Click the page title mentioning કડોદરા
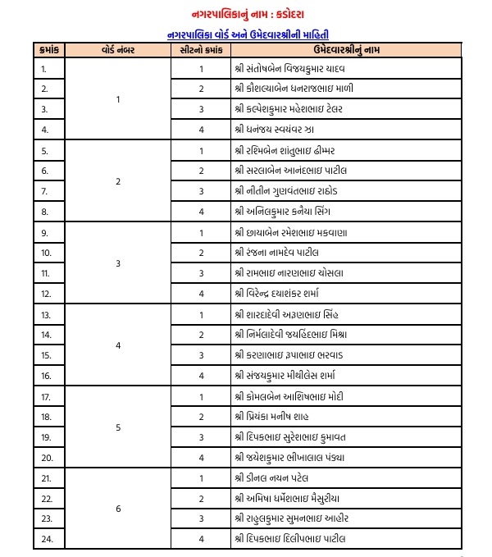click(x=247, y=14)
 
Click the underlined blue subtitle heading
click(x=247, y=34)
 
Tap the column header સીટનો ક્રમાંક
click(x=200, y=51)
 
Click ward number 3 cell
click(x=118, y=263)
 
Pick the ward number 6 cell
click(x=118, y=509)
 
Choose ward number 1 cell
click(x=118, y=99)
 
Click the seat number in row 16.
click(x=201, y=376)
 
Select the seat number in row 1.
click(x=201, y=69)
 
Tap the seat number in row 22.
click(x=201, y=498)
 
